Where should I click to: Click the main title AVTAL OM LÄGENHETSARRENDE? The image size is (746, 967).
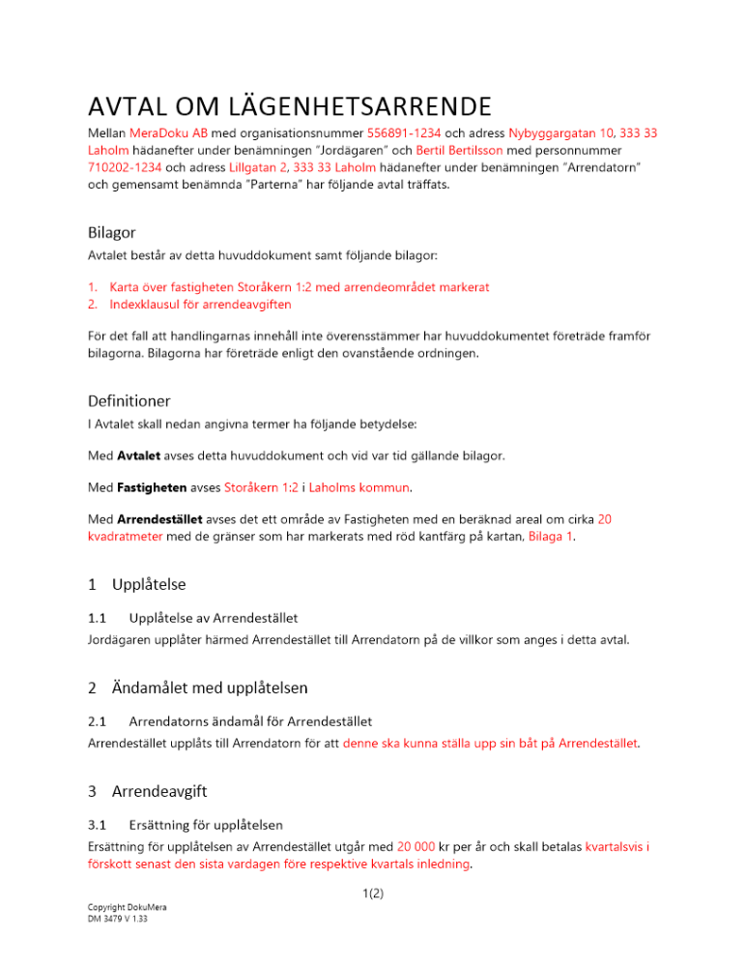tap(289, 104)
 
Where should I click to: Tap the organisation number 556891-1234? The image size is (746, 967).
tap(403, 132)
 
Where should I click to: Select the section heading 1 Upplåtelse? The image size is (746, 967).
tap(136, 585)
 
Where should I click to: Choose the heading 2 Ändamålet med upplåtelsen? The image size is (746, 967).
tap(197, 688)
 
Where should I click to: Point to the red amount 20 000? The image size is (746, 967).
tap(421, 845)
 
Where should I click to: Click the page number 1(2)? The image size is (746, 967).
tap(373, 894)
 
